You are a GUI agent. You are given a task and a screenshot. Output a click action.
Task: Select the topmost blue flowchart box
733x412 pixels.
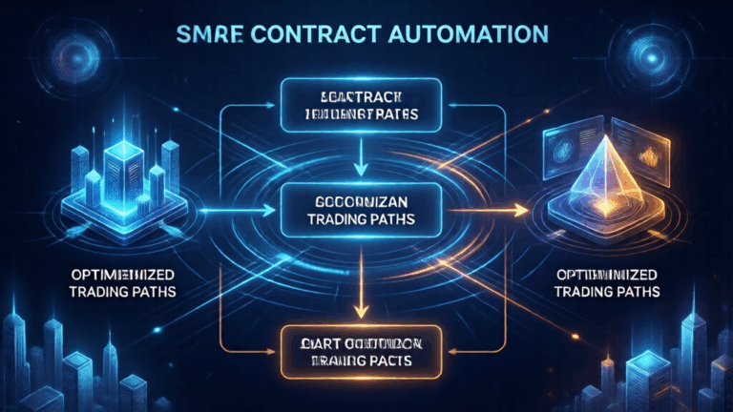point(362,104)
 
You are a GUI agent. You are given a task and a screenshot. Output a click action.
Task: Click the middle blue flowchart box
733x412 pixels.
point(362,210)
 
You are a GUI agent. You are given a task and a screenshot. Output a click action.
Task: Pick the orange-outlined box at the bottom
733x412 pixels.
point(362,351)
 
